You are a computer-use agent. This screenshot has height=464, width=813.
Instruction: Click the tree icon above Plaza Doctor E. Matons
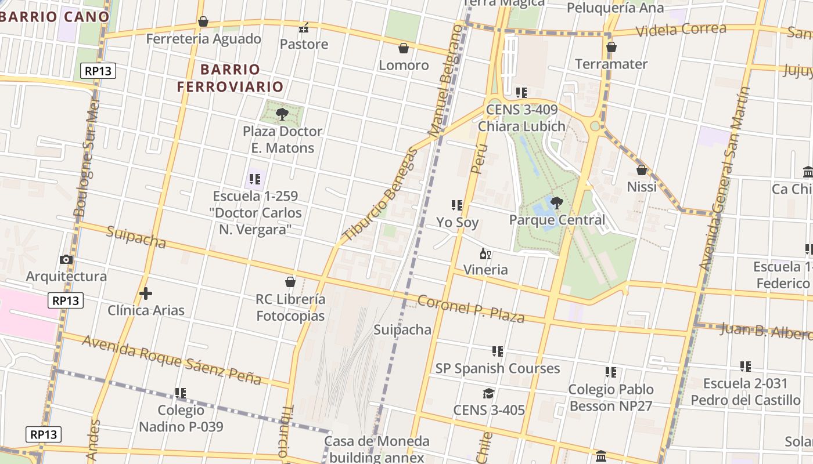click(x=282, y=114)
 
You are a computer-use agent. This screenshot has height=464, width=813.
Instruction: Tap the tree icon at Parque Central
click(x=556, y=202)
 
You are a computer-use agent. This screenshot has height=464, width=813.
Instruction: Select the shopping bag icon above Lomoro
click(x=404, y=48)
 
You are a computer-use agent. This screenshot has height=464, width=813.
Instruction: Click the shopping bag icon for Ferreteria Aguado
click(x=203, y=22)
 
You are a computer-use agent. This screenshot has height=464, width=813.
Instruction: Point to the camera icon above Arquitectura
click(x=66, y=259)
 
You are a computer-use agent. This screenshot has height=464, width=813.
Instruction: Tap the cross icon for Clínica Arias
click(x=145, y=293)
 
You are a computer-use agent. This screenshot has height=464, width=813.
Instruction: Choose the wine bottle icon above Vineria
click(x=485, y=253)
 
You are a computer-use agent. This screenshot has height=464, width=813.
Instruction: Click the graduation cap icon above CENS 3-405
click(x=488, y=394)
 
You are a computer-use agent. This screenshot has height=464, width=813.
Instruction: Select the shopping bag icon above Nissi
click(x=642, y=170)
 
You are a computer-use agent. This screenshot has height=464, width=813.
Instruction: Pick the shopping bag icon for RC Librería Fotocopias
click(x=290, y=282)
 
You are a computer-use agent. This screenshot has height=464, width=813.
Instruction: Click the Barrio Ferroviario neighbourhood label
click(x=231, y=78)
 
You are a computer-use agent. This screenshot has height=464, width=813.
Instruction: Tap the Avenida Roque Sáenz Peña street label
click(x=171, y=360)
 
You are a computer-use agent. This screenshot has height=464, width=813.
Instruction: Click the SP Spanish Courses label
click(x=498, y=368)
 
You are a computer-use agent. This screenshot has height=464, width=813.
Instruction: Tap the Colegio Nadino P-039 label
click(x=181, y=418)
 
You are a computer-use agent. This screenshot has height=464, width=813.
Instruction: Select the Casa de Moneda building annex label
click(x=377, y=449)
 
